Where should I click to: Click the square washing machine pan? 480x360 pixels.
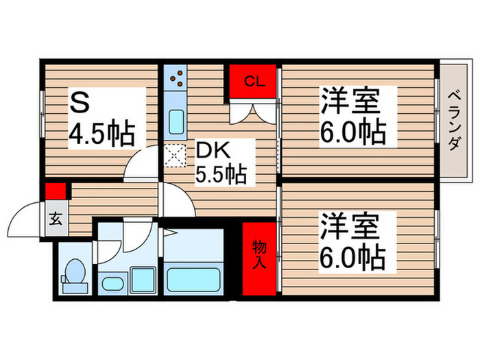pos(143,279)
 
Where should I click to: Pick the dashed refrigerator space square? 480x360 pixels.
pos(176,157)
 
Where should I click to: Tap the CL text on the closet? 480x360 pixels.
pos(254,82)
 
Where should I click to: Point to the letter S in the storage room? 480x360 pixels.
pos(80,104)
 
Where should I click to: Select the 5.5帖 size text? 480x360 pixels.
pos(221,175)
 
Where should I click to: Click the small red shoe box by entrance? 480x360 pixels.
pos(56,191)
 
